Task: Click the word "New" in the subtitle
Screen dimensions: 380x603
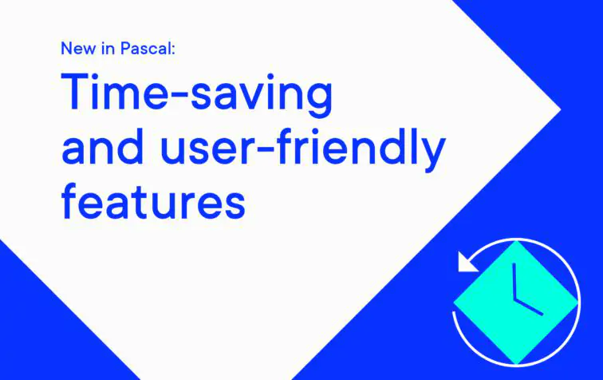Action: pos(76,49)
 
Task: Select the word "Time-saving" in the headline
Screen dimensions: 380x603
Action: pos(196,94)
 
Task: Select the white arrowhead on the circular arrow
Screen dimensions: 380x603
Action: pos(465,262)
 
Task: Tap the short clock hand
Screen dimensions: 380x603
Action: pos(529,306)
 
